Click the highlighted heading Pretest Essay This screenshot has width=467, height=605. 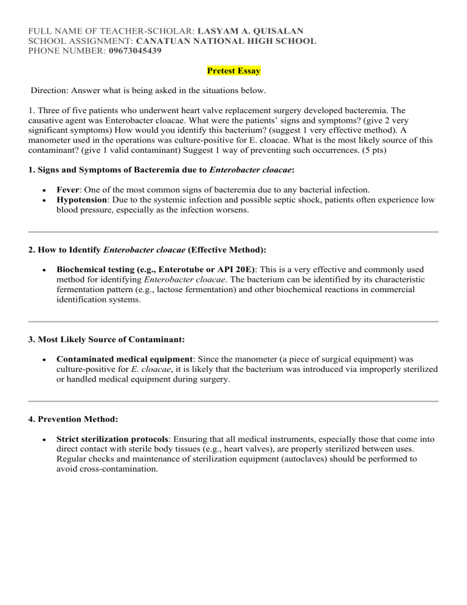coord(233,71)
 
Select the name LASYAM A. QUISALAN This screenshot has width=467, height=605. coord(252,30)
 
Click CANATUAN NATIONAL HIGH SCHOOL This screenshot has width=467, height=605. coord(226,41)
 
